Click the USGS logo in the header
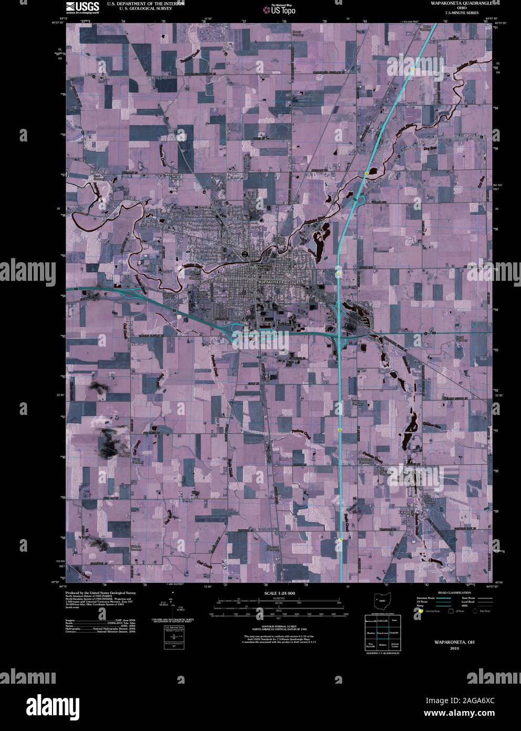coord(82,7)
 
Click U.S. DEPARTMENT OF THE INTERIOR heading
coord(145,4)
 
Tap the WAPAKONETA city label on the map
coord(271,282)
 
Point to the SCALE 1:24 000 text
coord(277,593)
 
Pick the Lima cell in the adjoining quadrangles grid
coord(394,621)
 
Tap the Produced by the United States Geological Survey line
coord(97,592)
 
